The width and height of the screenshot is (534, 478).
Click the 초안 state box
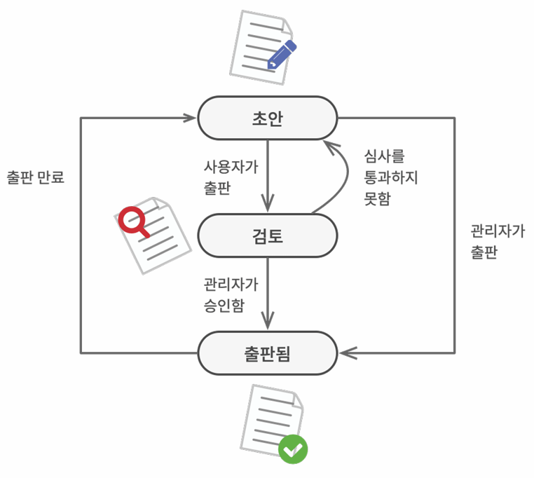click(267, 118)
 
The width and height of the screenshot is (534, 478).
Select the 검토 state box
click(267, 235)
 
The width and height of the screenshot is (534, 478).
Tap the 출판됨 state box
click(267, 353)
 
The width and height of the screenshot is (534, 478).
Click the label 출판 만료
click(35, 177)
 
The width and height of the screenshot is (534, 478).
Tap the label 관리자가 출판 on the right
click(497, 241)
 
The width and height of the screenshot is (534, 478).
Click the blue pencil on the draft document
click(282, 55)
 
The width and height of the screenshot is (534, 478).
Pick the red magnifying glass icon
click(132, 221)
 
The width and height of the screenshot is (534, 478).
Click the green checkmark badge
click(293, 449)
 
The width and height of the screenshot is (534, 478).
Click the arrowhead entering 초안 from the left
click(191, 118)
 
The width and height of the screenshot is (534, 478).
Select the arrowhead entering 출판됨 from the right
click(346, 353)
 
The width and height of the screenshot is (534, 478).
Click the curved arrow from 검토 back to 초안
click(345, 175)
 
